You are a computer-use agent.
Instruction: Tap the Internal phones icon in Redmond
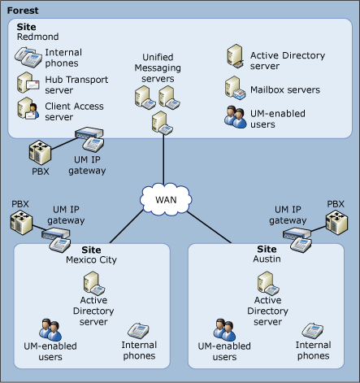click(x=29, y=57)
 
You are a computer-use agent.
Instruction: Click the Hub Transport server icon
click(x=29, y=84)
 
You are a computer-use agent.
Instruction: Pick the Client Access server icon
click(x=29, y=110)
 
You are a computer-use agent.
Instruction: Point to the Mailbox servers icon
click(x=234, y=89)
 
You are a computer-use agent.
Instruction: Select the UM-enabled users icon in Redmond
click(x=236, y=116)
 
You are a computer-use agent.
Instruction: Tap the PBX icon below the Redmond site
click(x=41, y=154)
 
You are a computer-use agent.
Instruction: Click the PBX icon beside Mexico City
click(x=21, y=222)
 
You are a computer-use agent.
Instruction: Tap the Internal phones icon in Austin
click(x=314, y=331)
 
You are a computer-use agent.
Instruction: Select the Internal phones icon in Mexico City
click(x=139, y=331)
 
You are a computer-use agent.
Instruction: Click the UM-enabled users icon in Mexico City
click(x=50, y=330)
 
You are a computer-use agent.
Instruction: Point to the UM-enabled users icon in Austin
click(x=225, y=330)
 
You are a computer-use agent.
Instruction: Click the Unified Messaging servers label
click(x=158, y=67)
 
